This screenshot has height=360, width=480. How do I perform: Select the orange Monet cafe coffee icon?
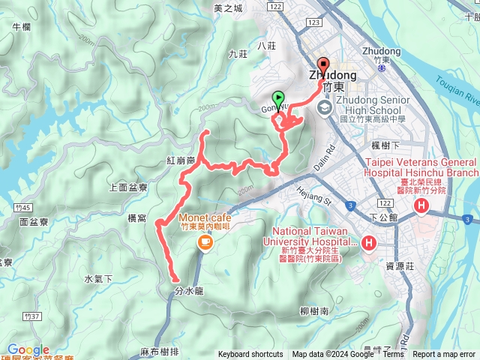(203, 241)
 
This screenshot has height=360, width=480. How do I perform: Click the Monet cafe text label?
(199, 218)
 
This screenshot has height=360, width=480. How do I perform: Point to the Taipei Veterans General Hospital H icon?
(421, 205)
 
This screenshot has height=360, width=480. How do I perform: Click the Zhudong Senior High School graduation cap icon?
(324, 108)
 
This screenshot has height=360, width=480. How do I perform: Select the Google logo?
(28, 349)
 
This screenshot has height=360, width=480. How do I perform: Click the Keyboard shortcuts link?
(250, 355)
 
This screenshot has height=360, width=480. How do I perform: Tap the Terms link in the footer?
(393, 355)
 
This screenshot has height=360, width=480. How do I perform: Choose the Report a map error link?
(445, 355)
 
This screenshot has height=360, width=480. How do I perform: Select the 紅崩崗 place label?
(181, 160)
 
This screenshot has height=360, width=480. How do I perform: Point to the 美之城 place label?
(228, 8)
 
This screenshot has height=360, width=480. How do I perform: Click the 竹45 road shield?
(20, 205)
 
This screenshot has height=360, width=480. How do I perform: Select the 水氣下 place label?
(98, 279)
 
